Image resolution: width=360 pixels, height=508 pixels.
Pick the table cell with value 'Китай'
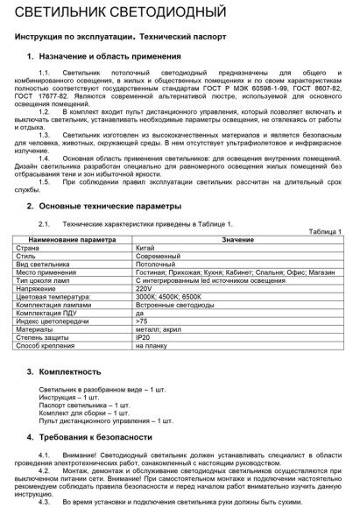(x=145, y=248)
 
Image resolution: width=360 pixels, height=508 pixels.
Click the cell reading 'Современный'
(x=158, y=256)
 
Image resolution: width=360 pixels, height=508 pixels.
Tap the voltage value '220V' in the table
(x=145, y=288)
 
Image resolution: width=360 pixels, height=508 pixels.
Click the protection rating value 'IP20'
(x=144, y=337)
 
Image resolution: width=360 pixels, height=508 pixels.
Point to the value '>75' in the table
(x=143, y=321)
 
